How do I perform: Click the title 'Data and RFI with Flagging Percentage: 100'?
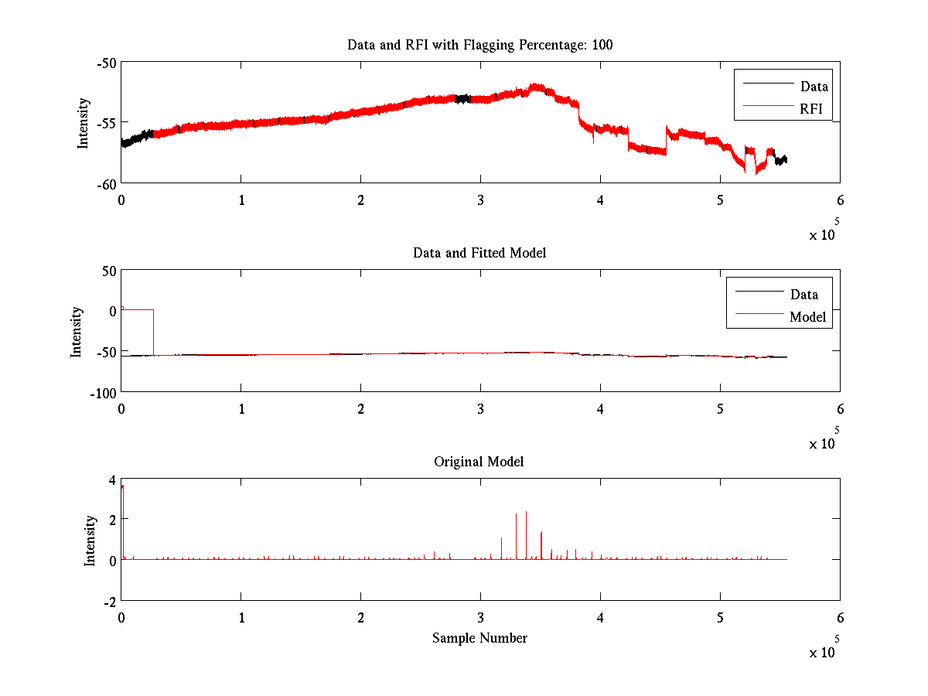479,45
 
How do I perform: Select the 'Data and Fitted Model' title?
479,253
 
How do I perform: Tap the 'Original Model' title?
479,462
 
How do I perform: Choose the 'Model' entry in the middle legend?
807,316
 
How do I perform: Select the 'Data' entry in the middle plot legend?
803,294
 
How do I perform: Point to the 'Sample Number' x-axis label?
479,638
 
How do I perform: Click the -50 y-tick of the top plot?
106,63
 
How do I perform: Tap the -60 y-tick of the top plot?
106,183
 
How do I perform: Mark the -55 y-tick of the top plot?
106,123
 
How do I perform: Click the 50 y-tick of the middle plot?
107,271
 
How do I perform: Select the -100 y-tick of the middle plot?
102,392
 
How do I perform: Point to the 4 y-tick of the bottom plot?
111,479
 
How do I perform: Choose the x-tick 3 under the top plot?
480,200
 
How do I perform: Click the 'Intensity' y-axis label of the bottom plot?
90,540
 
